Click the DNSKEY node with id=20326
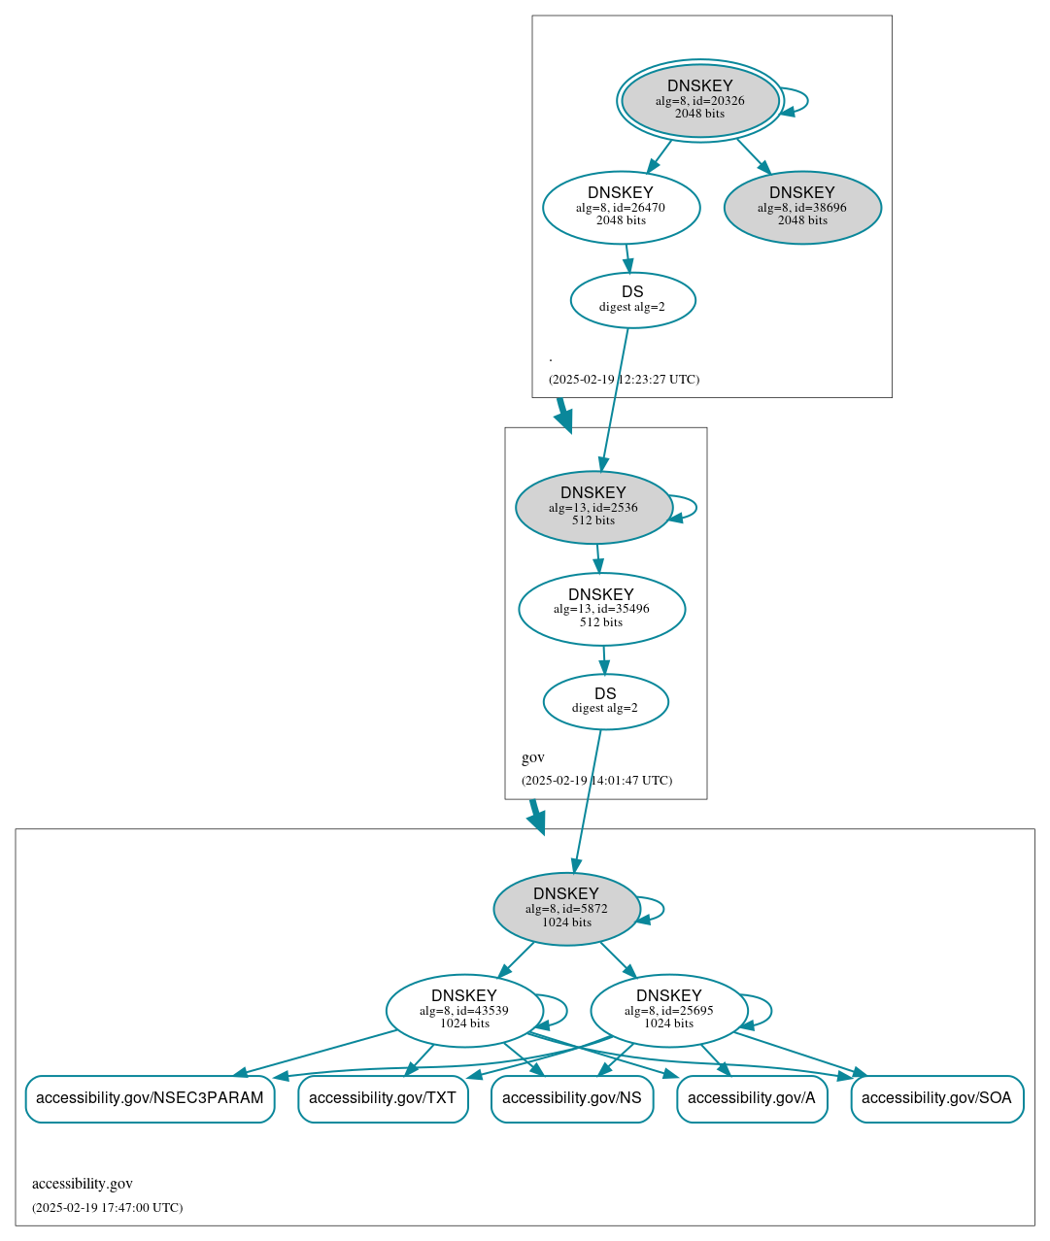(x=699, y=100)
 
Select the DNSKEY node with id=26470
(x=621, y=207)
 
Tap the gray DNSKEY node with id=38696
(x=802, y=207)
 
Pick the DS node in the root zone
(x=632, y=300)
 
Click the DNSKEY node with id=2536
(x=593, y=507)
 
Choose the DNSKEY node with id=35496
(x=601, y=609)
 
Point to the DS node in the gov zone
(x=605, y=701)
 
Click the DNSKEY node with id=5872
(x=566, y=909)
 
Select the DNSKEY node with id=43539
(x=464, y=1011)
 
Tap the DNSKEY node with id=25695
(x=668, y=1011)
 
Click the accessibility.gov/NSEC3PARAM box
(x=150, y=1098)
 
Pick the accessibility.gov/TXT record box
(x=383, y=1098)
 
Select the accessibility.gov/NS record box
(x=571, y=1098)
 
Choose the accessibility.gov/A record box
(x=752, y=1098)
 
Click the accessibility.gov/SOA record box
(x=936, y=1098)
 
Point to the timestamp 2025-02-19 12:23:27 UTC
(x=624, y=380)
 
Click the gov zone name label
(x=533, y=757)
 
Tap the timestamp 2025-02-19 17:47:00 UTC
(x=107, y=1208)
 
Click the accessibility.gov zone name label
(x=83, y=1184)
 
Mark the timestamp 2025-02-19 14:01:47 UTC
(x=596, y=781)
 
